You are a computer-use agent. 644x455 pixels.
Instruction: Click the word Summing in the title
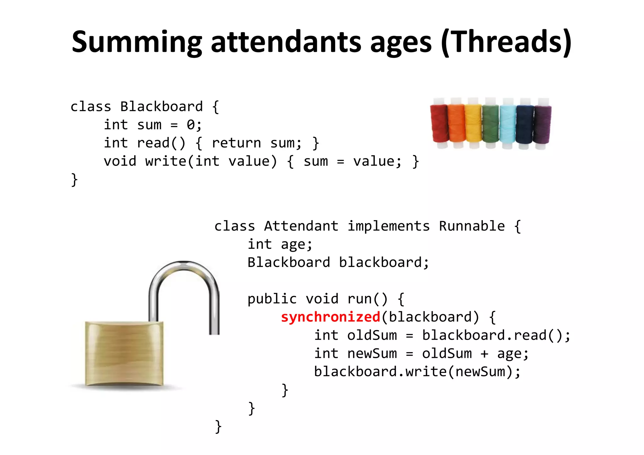point(137,42)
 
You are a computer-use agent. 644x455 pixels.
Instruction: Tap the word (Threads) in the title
point(506,42)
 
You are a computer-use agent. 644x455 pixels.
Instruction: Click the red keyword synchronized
point(330,317)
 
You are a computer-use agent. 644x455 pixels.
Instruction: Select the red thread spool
point(439,124)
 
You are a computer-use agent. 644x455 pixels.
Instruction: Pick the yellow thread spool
point(473,124)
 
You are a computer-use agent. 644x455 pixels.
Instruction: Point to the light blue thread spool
point(508,124)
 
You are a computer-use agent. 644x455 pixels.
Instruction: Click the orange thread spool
point(456,124)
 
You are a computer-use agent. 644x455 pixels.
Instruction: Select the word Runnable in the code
point(472,226)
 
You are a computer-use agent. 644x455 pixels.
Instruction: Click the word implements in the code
point(388,226)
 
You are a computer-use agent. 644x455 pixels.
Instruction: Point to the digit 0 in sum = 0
point(191,125)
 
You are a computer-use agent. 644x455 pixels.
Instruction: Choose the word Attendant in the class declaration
point(301,226)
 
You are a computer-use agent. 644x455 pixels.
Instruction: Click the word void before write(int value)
point(120,161)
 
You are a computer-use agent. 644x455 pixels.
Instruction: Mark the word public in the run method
point(272,299)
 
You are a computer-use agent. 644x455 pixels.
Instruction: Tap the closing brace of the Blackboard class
point(74,180)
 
